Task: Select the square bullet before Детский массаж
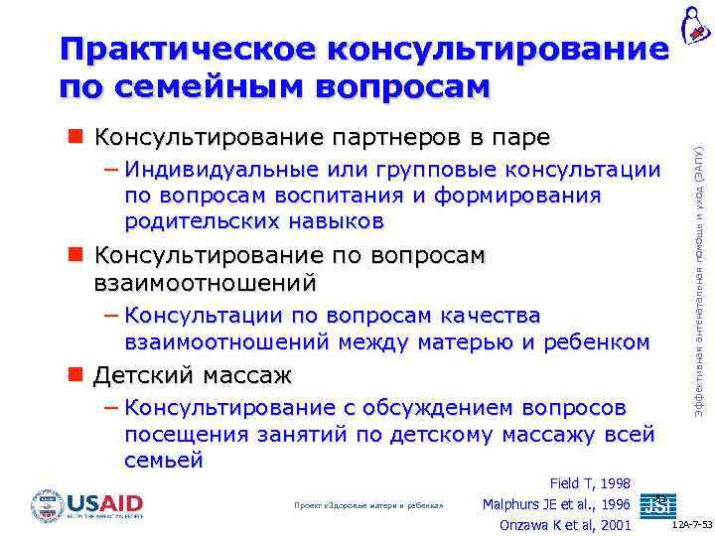click(x=75, y=376)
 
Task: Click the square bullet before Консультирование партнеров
click(x=75, y=136)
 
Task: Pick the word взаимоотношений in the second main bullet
click(x=205, y=283)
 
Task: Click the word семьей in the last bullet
click(x=164, y=460)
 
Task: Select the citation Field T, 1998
click(x=590, y=483)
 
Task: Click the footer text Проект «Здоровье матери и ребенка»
click(x=367, y=505)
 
